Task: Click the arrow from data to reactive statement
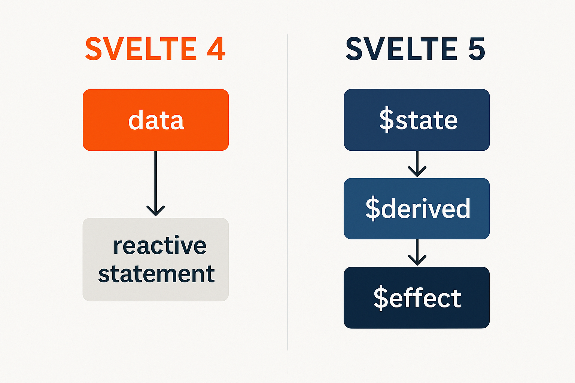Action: (x=155, y=180)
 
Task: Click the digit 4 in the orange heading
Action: (x=216, y=49)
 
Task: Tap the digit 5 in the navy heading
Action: (x=476, y=49)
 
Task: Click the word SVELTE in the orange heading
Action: (x=141, y=49)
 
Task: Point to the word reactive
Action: (x=160, y=246)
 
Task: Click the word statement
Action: (x=156, y=274)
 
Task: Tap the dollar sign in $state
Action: (x=387, y=120)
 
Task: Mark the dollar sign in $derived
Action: (x=373, y=209)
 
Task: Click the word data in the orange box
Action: (x=156, y=120)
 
